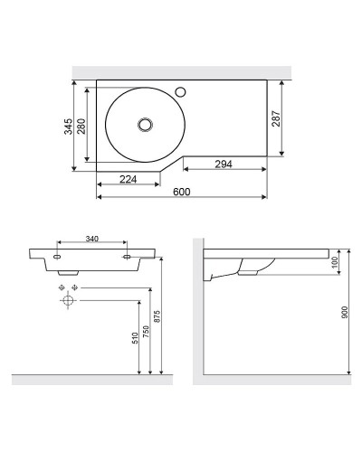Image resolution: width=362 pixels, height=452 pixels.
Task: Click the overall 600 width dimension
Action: tap(182, 193)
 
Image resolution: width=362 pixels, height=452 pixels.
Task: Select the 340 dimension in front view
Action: tap(91, 239)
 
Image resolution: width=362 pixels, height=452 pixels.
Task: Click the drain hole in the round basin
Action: tap(143, 124)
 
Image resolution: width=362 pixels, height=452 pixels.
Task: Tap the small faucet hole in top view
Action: tap(179, 90)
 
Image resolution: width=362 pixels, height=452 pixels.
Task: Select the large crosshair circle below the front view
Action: tap(67, 302)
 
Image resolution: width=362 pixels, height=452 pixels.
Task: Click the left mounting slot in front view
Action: tap(58, 258)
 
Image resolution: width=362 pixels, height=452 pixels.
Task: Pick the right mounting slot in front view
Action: tap(126, 258)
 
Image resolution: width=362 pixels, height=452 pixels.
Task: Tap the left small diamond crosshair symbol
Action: tap(62, 287)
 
